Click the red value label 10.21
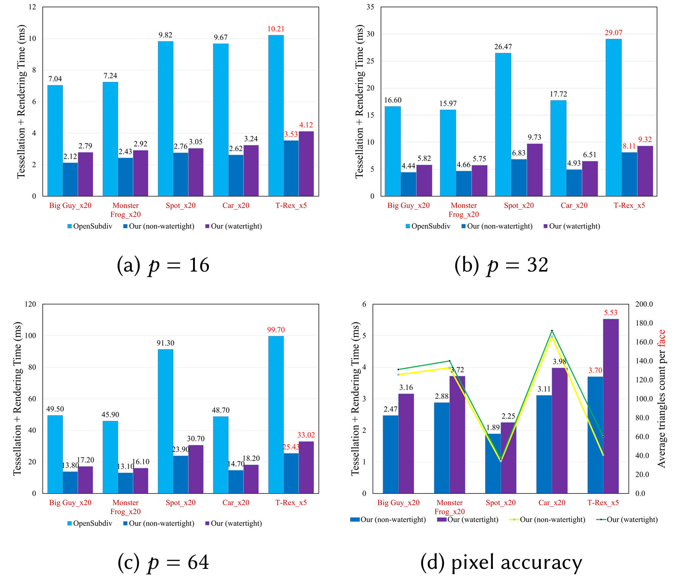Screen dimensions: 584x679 tap(276, 29)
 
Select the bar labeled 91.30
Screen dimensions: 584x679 tap(165, 420)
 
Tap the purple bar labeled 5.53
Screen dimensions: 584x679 tap(610, 405)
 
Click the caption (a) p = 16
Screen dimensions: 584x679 tap(163, 265)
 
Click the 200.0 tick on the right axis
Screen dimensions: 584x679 tap(644, 304)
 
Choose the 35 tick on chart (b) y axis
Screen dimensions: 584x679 tap(370, 7)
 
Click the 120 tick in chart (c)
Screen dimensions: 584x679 tap(30, 304)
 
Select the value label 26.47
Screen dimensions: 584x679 tap(503, 47)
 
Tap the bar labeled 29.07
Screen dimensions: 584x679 tap(613, 117)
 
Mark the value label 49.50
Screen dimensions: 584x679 tap(55, 409)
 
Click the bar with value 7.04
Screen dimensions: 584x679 tap(55, 140)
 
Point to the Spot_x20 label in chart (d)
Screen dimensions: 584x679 tap(500, 503)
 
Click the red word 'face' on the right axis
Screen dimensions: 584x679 tap(661, 338)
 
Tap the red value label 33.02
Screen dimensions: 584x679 tap(306, 435)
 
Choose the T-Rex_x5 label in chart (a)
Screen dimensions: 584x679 tap(291, 206)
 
